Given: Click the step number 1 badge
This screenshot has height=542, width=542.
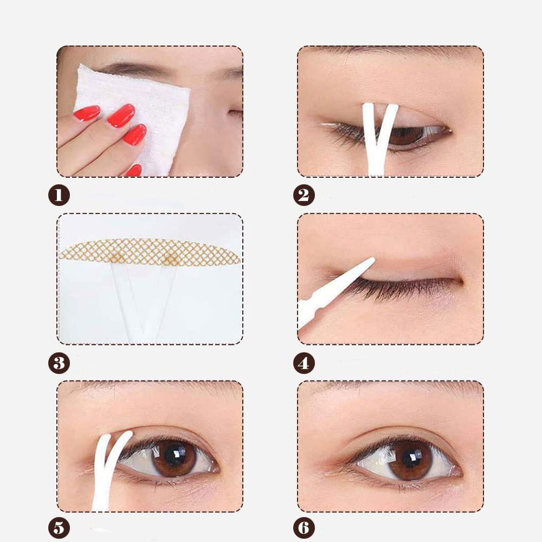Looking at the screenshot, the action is (x=59, y=195).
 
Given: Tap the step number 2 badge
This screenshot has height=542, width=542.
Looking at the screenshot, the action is (x=304, y=195).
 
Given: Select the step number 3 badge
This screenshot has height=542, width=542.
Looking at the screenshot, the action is (x=59, y=363).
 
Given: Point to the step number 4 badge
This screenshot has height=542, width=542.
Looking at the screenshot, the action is (x=304, y=363).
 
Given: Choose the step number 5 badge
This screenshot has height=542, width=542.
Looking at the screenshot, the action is (x=59, y=528).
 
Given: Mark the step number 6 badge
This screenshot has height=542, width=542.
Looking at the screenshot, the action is (x=304, y=528).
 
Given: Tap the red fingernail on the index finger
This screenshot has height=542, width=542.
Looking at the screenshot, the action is (x=121, y=115).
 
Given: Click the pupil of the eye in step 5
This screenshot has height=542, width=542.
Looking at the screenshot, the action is (x=174, y=455).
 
